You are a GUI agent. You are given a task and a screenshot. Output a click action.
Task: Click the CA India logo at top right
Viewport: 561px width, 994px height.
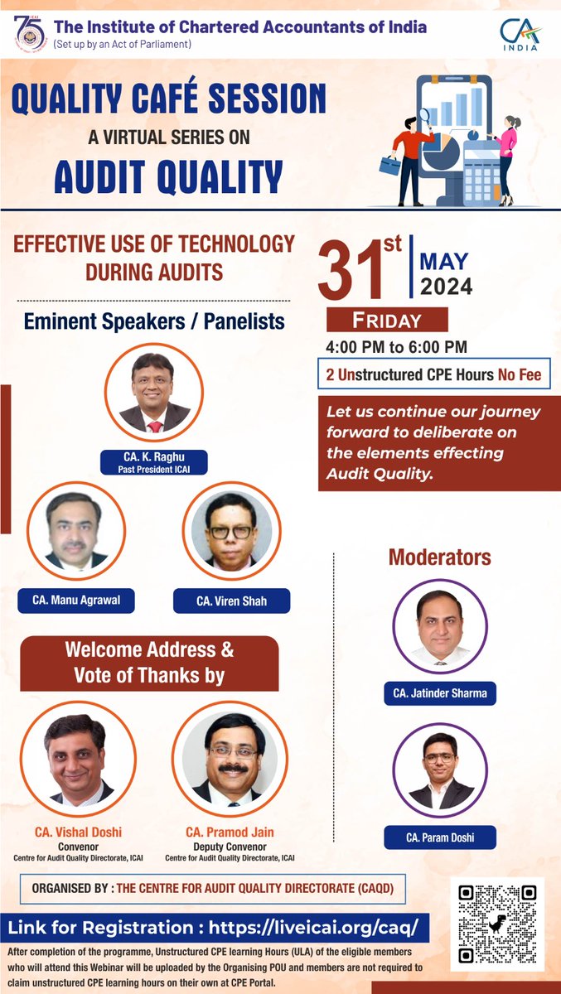(520, 33)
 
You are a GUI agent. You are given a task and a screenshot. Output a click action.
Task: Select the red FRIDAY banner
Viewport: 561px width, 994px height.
(387, 320)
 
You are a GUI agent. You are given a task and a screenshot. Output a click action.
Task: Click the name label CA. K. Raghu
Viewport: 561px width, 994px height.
(153, 461)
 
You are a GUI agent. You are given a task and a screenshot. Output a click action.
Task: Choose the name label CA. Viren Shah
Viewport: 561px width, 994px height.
(231, 601)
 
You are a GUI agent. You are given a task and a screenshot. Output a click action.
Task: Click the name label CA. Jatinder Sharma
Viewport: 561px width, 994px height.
(439, 692)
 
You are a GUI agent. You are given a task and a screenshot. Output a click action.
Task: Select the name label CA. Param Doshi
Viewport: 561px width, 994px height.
(440, 837)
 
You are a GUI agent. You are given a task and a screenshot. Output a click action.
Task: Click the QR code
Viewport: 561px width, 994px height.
(497, 924)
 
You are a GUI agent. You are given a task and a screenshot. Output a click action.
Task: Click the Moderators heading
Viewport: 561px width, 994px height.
(439, 557)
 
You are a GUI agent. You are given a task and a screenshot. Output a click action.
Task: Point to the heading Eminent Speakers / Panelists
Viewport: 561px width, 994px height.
(154, 320)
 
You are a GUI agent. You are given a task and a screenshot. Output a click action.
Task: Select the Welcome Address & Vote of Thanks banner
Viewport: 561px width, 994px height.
(149, 663)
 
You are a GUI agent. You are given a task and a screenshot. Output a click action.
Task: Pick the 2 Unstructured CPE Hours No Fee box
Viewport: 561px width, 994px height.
(433, 375)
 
